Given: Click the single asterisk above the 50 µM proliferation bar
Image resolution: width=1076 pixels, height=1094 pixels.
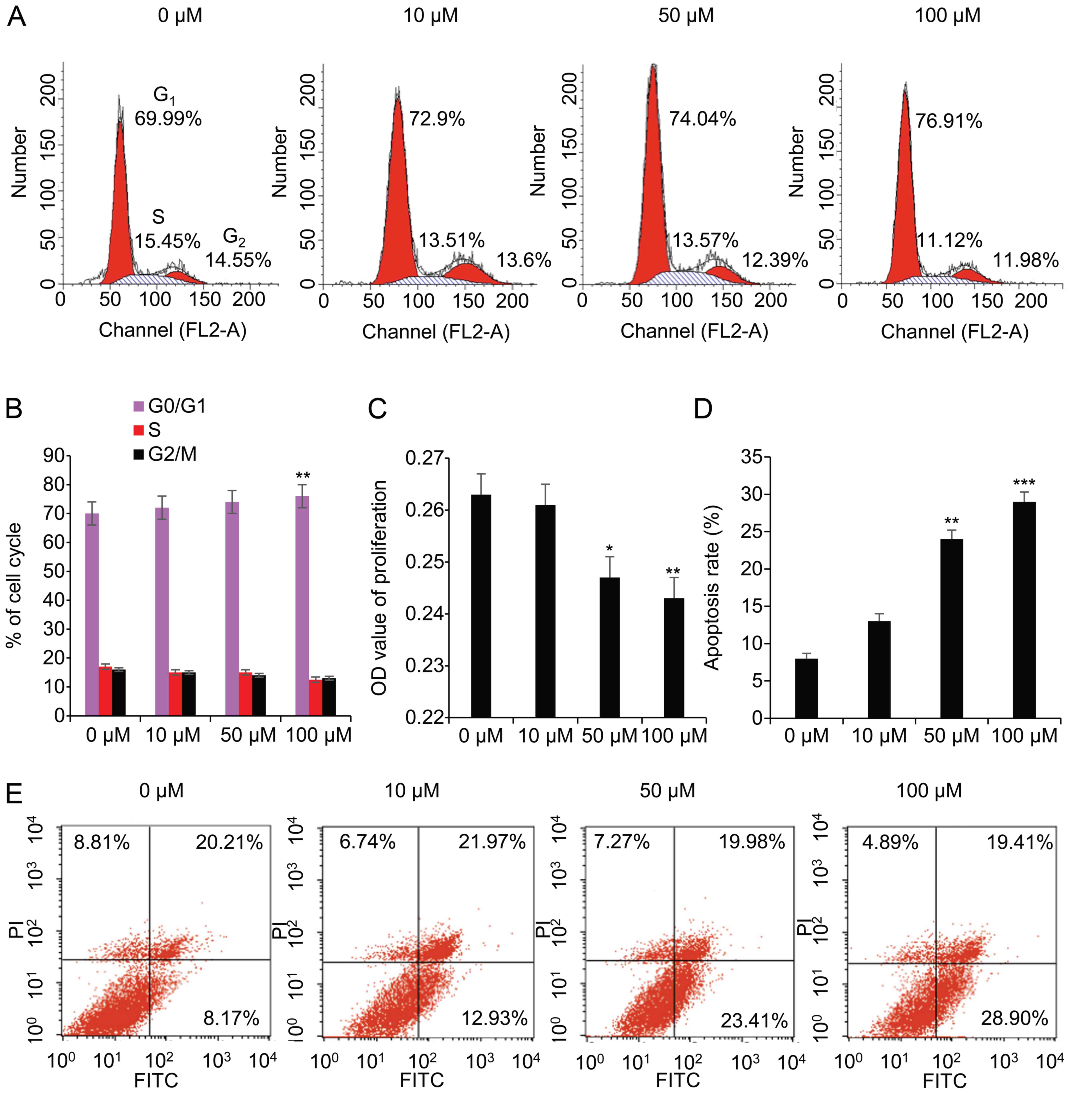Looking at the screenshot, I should click(x=609, y=548).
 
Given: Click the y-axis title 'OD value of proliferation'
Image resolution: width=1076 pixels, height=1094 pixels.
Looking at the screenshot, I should click(x=380, y=587).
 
